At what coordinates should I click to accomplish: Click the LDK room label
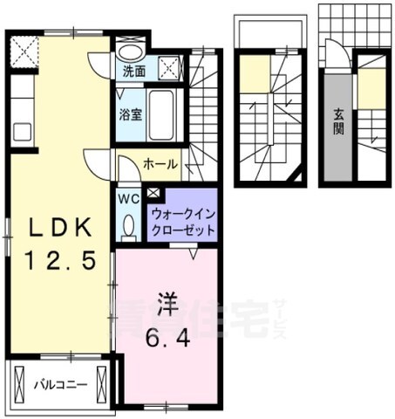(x=61, y=229)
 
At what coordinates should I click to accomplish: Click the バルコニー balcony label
(x=59, y=382)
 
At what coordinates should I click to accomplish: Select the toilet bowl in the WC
(x=130, y=225)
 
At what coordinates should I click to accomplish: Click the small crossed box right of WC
(x=154, y=193)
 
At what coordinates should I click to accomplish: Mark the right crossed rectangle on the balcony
(x=104, y=383)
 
